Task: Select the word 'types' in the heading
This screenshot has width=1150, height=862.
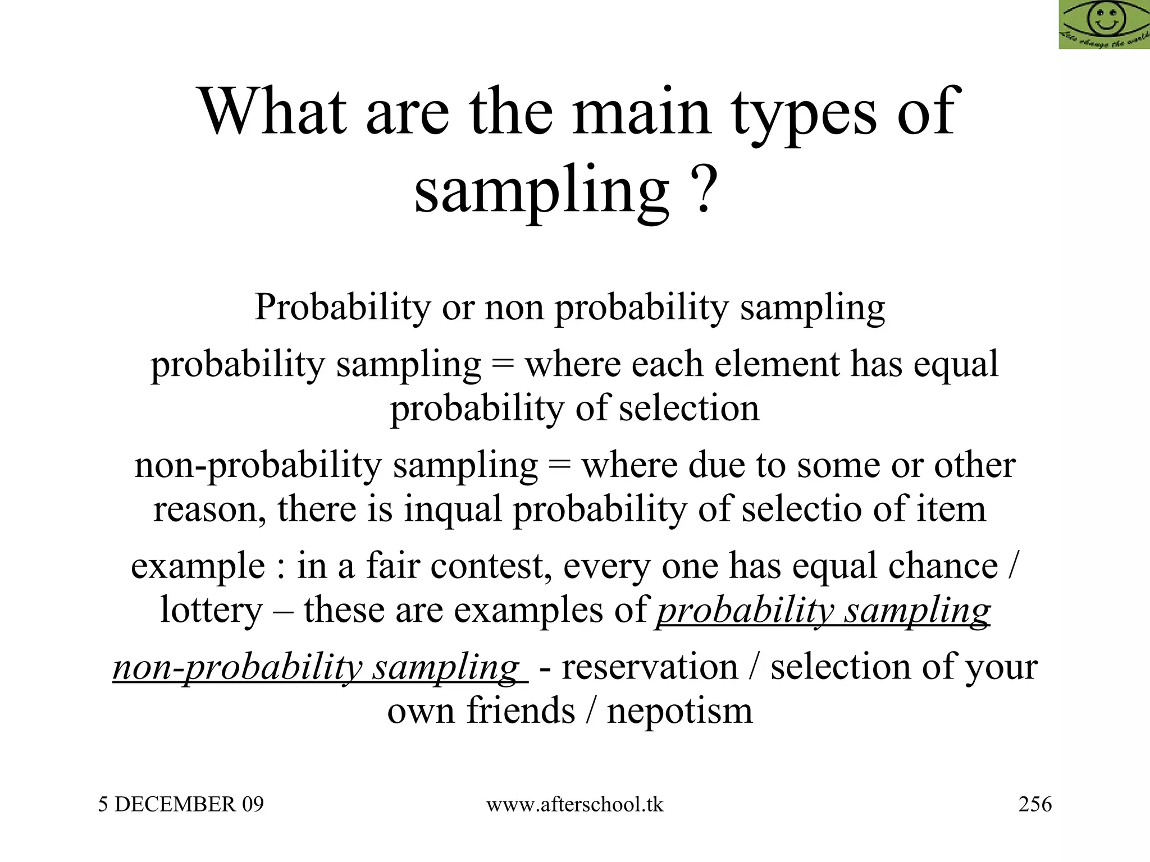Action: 804,115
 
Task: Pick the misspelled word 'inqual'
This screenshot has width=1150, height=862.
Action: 452,510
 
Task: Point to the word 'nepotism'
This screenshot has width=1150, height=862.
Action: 679,711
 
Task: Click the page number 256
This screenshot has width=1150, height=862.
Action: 1035,804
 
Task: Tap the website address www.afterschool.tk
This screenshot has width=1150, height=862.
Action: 574,805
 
